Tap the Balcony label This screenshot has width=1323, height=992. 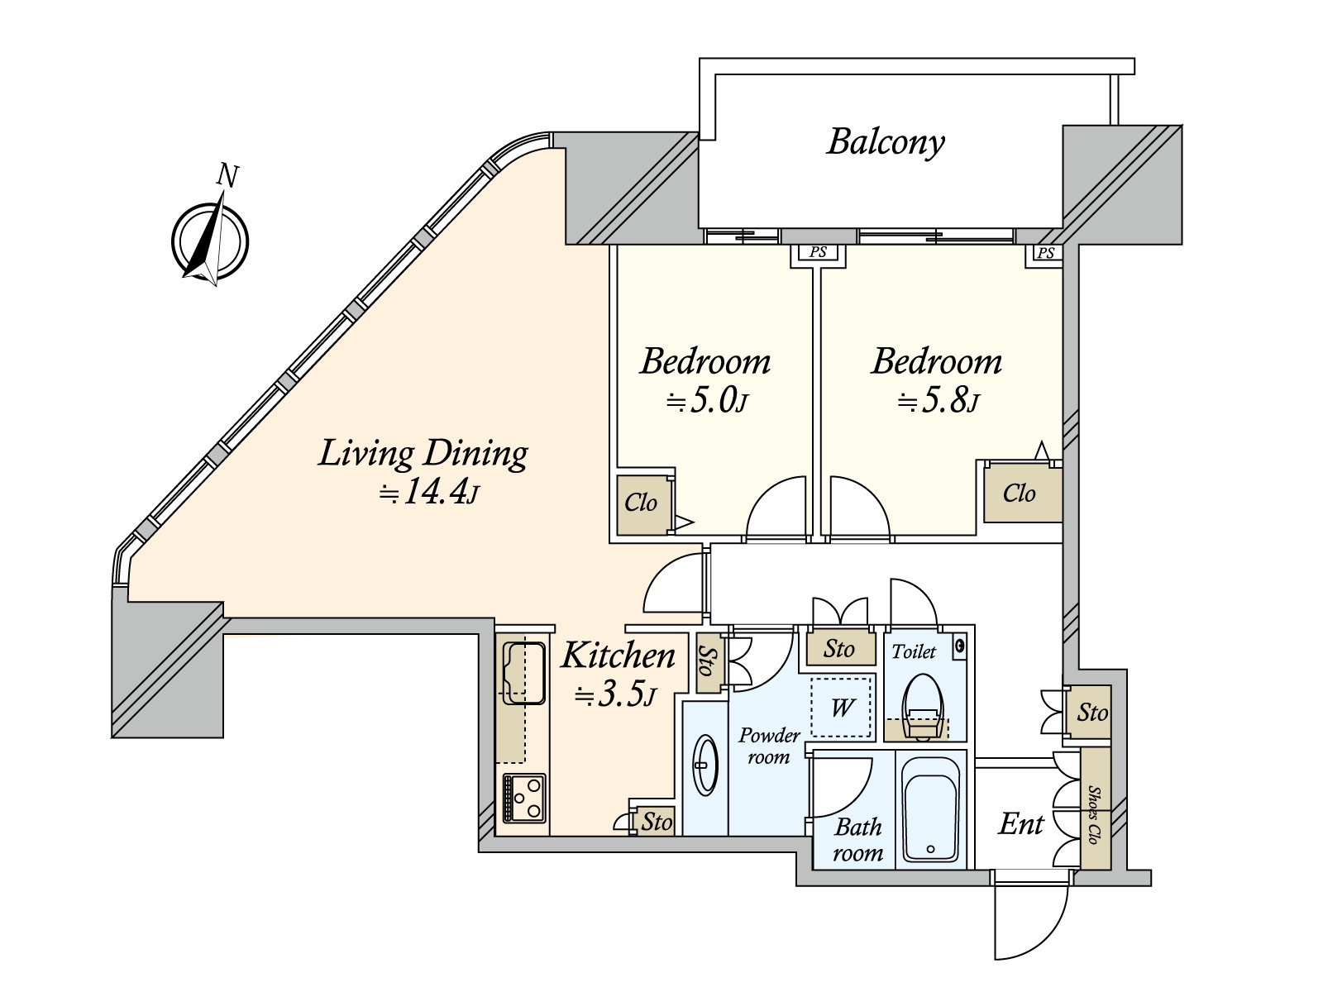tap(885, 143)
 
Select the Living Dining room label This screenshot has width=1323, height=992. tap(423, 454)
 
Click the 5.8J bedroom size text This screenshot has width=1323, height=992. tap(938, 400)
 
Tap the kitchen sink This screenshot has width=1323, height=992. tap(523, 673)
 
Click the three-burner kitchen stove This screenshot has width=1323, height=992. tap(524, 798)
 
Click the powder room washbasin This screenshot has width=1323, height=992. tap(704, 765)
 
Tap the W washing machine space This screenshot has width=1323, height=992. tap(842, 708)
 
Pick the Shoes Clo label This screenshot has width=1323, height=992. tap(1094, 814)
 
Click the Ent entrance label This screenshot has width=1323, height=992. tap(1020, 824)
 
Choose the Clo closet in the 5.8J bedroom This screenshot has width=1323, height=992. tap(1022, 494)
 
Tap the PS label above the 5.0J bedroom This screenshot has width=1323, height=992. tap(817, 252)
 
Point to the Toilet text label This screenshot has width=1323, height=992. tap(914, 651)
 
